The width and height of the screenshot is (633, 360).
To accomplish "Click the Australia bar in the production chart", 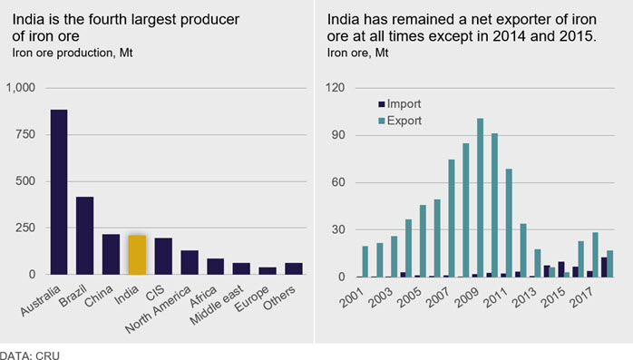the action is pyautogui.click(x=59, y=192).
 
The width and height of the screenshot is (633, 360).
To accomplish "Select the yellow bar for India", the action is pyautogui.click(x=137, y=255).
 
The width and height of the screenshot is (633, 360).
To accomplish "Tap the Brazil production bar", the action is pyautogui.click(x=84, y=236).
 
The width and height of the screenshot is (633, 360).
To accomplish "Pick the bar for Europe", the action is pyautogui.click(x=268, y=271).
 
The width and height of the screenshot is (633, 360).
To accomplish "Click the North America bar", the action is pyautogui.click(x=190, y=262).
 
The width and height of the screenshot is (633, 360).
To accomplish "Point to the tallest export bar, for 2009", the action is pyautogui.click(x=480, y=198).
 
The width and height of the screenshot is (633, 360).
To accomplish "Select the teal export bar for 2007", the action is pyautogui.click(x=452, y=219).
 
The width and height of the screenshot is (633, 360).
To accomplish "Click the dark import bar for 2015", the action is pyautogui.click(x=561, y=269).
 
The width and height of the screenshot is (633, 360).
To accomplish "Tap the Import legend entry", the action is pyautogui.click(x=400, y=104).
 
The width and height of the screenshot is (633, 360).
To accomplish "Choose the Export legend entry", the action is pyautogui.click(x=400, y=121).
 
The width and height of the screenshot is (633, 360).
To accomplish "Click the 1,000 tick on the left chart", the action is pyautogui.click(x=21, y=88).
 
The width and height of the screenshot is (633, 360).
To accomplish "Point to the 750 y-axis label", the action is pyautogui.click(x=25, y=134).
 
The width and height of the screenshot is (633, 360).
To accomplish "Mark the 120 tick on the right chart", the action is pyautogui.click(x=336, y=88).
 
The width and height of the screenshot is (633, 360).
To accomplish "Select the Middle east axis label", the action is pyautogui.click(x=217, y=305).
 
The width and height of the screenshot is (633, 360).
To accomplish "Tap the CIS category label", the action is pyautogui.click(x=155, y=293).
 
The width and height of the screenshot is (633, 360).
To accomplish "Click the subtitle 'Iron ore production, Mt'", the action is pyautogui.click(x=73, y=53).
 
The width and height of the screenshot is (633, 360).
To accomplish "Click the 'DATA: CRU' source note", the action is pyautogui.click(x=30, y=355).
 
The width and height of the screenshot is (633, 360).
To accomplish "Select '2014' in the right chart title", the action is pyautogui.click(x=510, y=36).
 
